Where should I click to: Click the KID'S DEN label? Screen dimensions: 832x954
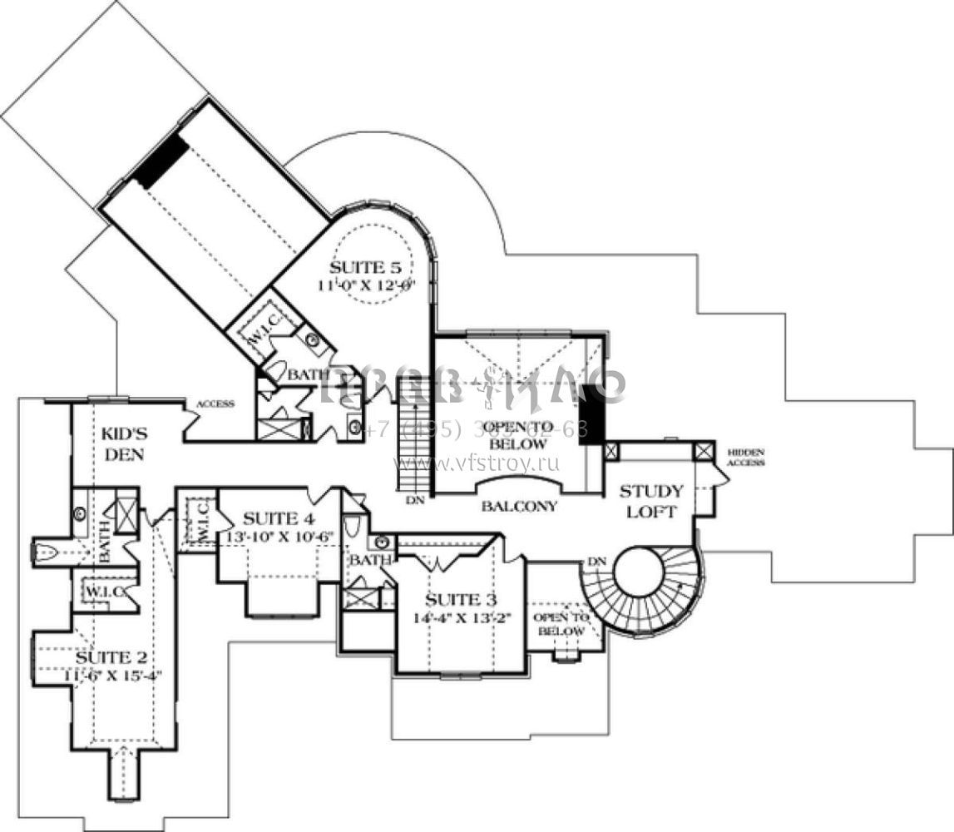point(125,443)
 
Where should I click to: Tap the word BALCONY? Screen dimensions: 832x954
point(518,506)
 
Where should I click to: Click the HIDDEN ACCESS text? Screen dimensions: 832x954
point(745,457)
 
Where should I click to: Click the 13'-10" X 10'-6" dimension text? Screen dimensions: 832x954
point(279,537)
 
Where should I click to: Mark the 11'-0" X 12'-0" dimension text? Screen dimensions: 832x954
point(371,284)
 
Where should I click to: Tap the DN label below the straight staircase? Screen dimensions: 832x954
point(416,501)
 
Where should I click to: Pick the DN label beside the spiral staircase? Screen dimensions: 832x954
point(596,561)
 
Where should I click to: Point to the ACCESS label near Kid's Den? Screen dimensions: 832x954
point(215,404)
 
